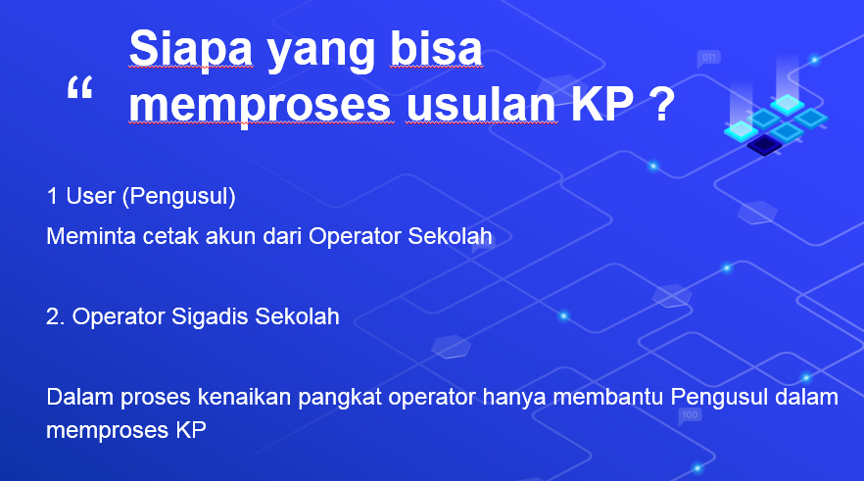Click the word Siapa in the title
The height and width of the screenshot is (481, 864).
191,48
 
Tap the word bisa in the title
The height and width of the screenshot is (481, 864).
436,48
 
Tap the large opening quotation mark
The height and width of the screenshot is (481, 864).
80,87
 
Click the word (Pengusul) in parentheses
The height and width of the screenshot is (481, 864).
178,197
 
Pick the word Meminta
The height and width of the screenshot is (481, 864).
91,236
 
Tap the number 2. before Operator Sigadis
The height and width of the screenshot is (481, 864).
56,316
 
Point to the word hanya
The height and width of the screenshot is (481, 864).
514,399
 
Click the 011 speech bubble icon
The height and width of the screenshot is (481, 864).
708,59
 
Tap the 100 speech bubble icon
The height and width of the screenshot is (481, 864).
690,416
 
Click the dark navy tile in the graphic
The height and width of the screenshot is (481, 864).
764,145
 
